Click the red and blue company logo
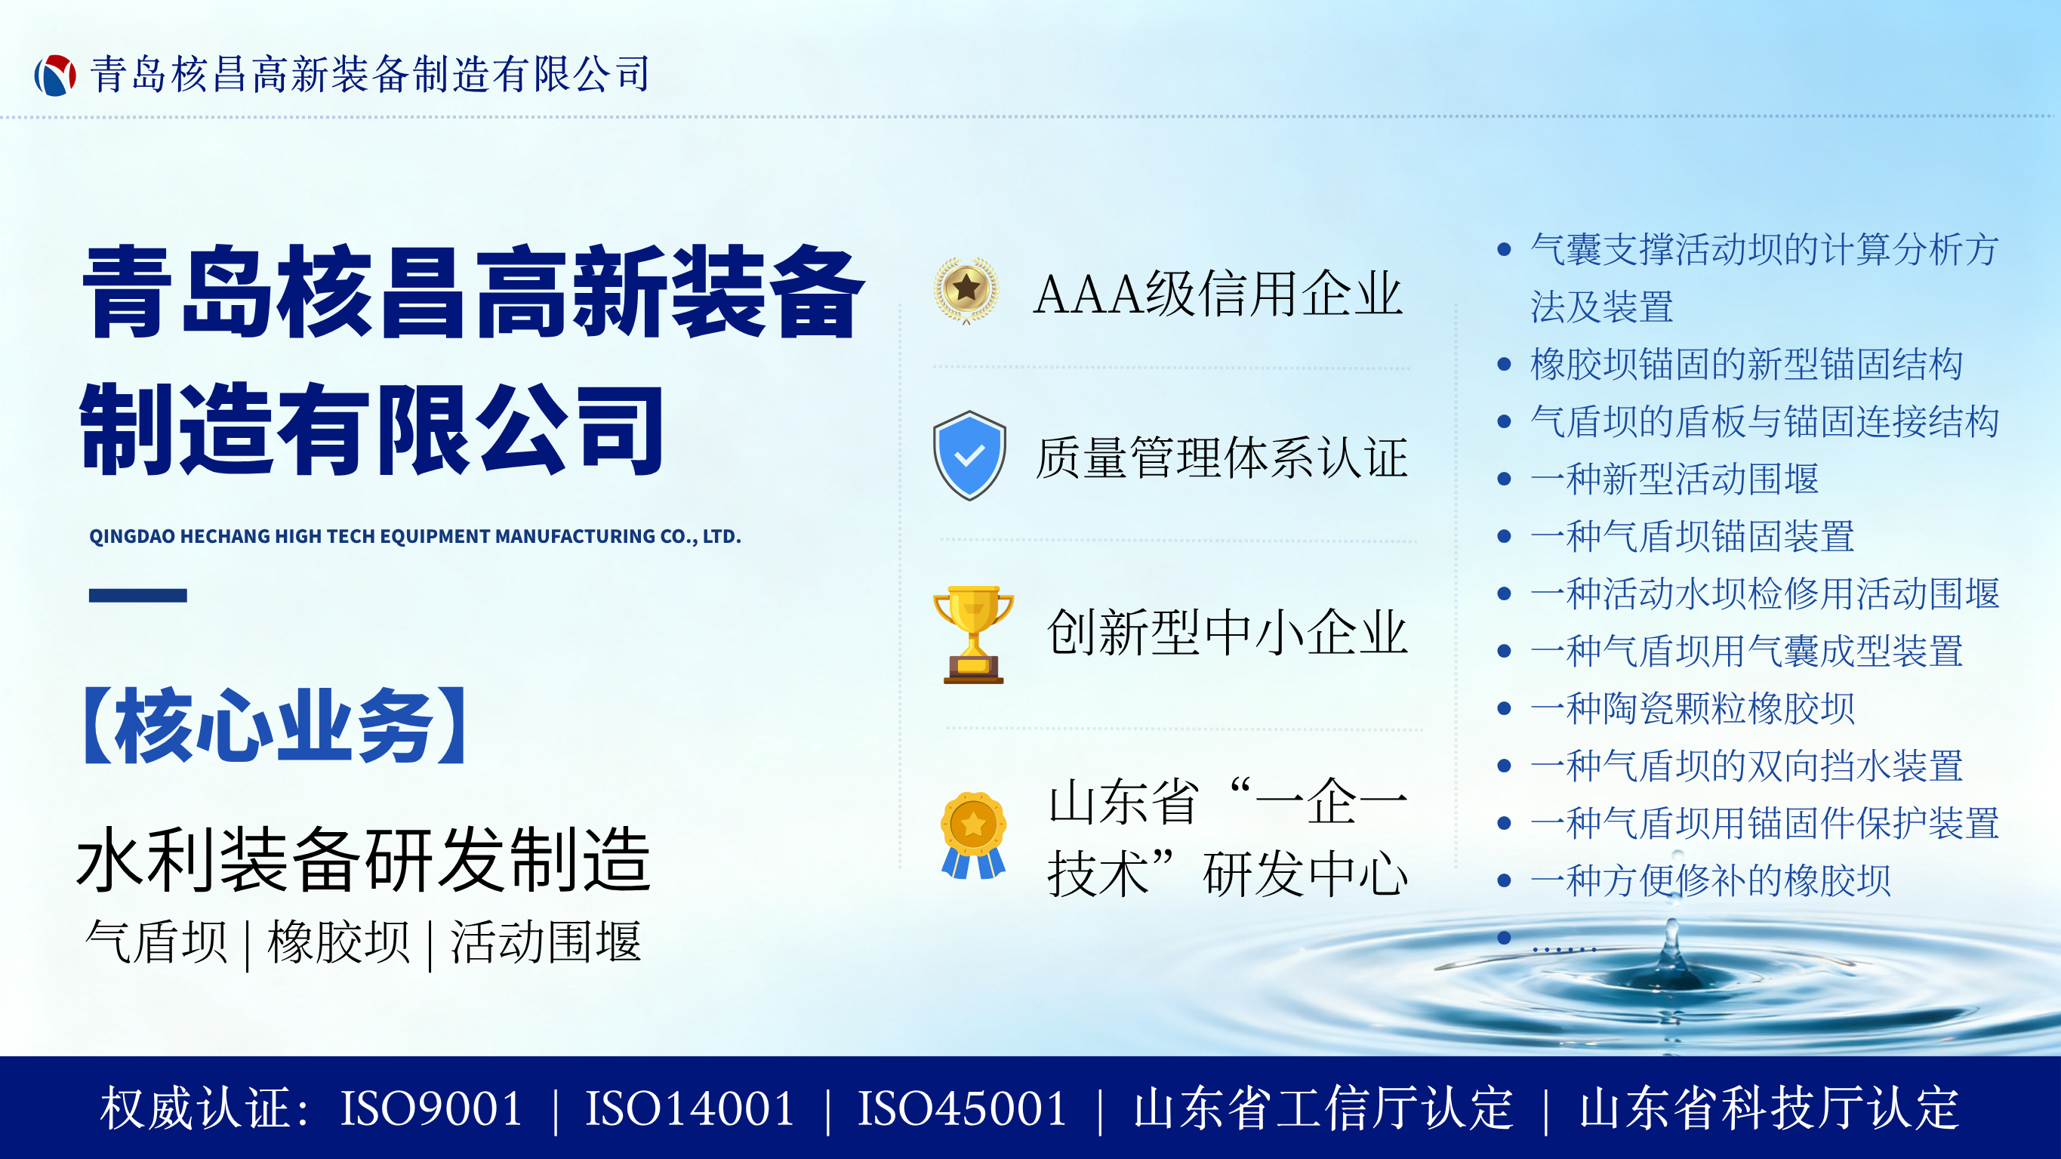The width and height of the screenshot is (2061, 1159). (x=55, y=76)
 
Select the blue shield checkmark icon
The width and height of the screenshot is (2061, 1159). (x=969, y=455)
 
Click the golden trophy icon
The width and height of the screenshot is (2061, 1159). (x=973, y=635)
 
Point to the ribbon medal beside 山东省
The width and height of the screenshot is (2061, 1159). (x=973, y=836)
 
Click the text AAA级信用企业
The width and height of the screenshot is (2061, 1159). (x=1218, y=294)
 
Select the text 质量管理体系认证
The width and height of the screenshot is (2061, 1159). (x=1221, y=458)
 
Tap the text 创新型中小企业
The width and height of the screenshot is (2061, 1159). (x=1227, y=632)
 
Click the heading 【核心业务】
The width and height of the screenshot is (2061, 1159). (x=275, y=725)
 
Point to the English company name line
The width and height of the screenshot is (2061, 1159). (x=415, y=536)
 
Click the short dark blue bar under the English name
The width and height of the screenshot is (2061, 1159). (x=137, y=596)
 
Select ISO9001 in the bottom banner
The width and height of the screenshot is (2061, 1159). (x=431, y=1108)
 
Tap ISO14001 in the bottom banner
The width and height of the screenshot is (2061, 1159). (x=690, y=1108)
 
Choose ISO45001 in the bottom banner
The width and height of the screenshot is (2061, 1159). (x=963, y=1108)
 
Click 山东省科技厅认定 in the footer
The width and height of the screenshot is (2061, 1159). (x=1769, y=1108)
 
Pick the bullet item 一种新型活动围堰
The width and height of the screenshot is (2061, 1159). (x=1674, y=479)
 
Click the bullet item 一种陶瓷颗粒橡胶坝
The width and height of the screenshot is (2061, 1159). (x=1692, y=708)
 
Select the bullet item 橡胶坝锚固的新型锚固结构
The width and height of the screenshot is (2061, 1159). (x=1747, y=364)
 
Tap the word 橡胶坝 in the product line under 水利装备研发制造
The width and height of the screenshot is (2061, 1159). (x=338, y=942)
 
